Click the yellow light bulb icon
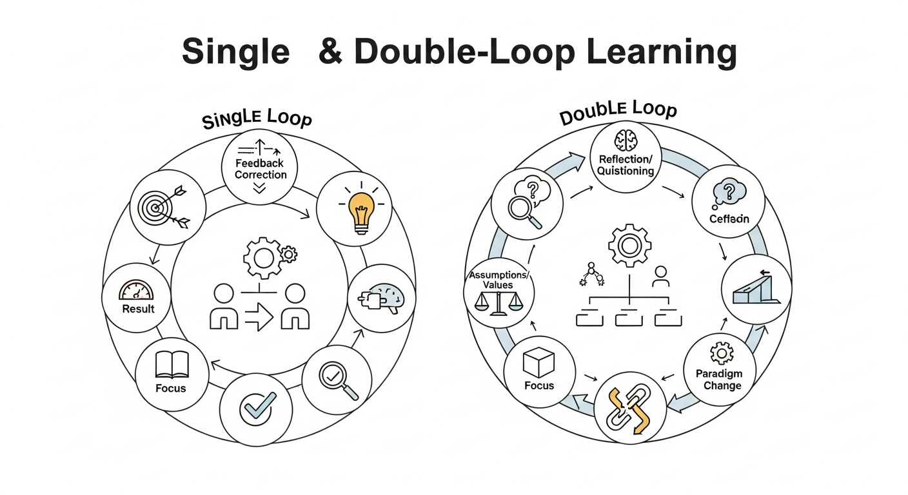point(361,209)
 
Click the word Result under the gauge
point(139,309)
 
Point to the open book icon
point(171,365)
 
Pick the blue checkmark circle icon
point(258,406)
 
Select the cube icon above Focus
point(538,363)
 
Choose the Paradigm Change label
point(718,380)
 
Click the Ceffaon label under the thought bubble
point(729,218)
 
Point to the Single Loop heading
point(257,119)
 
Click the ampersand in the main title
point(331,51)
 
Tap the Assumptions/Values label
point(497,280)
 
